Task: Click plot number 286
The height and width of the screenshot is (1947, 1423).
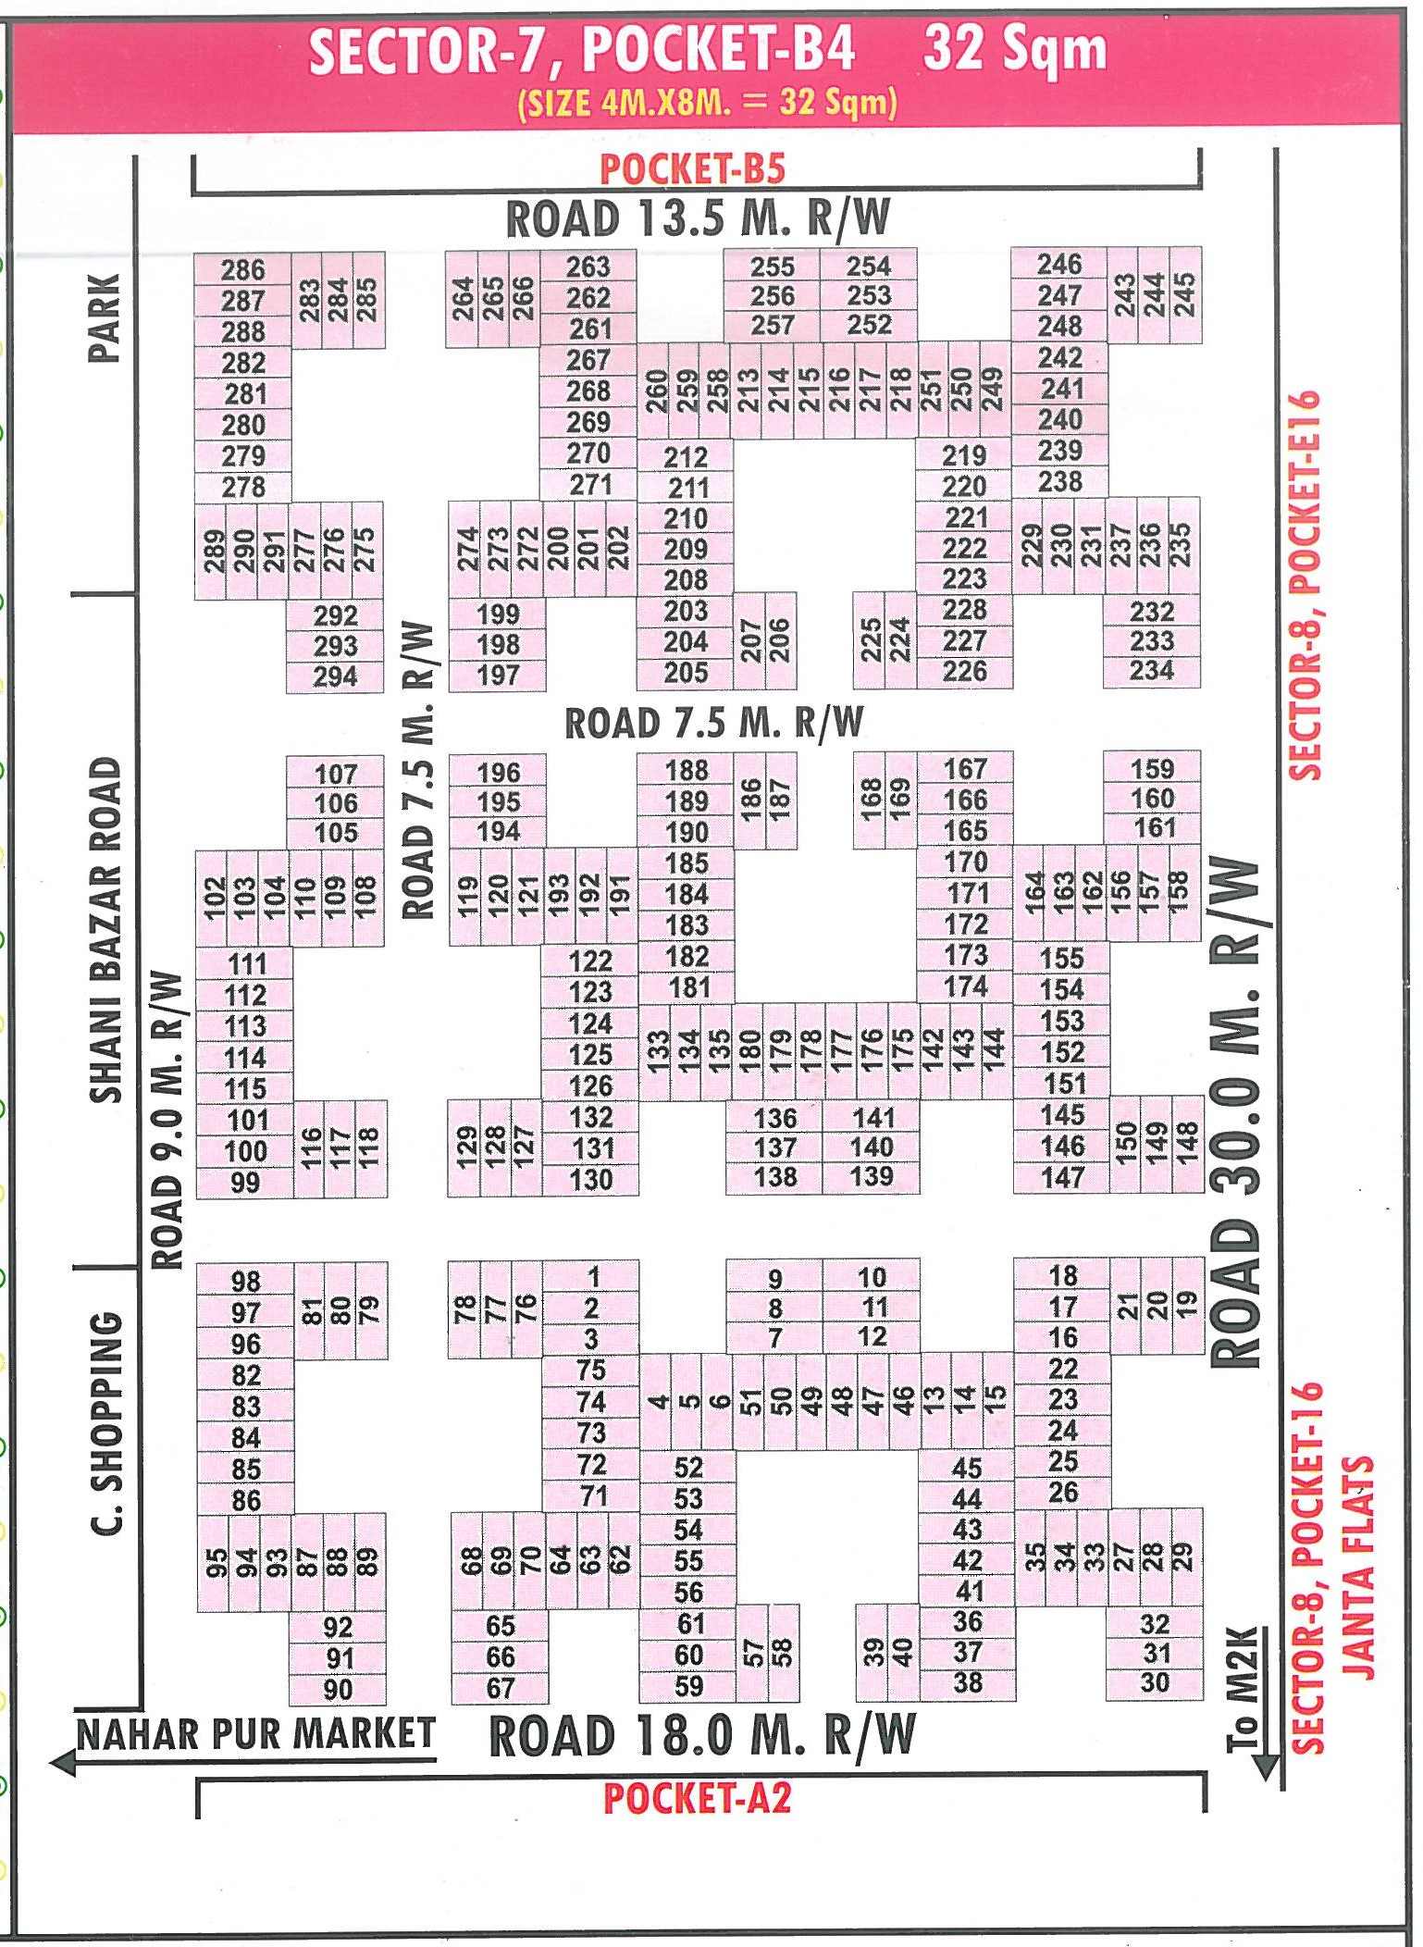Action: tap(242, 270)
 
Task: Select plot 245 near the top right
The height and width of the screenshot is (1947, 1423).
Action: tap(1185, 295)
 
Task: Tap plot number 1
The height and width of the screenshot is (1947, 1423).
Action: tap(593, 1277)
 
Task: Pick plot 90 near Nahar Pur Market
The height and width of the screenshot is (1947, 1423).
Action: tap(338, 1690)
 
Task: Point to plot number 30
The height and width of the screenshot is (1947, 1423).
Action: tap(1155, 1682)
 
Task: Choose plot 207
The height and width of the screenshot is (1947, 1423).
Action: tap(750, 641)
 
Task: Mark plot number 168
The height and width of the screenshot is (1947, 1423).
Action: tap(870, 800)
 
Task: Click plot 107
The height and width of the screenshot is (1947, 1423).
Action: tap(335, 774)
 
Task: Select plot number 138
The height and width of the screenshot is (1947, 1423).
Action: tap(775, 1177)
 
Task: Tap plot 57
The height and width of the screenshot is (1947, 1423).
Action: tap(752, 1653)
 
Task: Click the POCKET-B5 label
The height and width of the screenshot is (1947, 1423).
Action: tap(693, 169)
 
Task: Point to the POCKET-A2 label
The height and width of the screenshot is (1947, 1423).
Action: tap(698, 1799)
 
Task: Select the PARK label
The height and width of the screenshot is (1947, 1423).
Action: tap(104, 317)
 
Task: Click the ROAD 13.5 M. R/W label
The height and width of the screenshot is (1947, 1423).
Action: tap(698, 219)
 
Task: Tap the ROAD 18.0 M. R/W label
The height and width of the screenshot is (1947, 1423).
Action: tap(701, 1736)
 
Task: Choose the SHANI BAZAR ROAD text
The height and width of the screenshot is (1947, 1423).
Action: tap(105, 929)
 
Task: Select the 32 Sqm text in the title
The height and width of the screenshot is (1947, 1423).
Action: tap(1015, 50)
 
